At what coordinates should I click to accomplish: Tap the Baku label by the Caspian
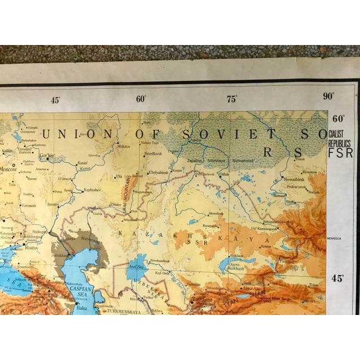(82, 308)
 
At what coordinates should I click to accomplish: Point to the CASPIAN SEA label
(84, 294)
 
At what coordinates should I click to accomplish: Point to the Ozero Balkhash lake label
(240, 267)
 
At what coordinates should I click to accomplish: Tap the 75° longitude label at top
(231, 100)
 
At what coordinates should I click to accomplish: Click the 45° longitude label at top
(55, 100)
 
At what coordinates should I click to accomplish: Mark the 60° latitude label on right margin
(338, 119)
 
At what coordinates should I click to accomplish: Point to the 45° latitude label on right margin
(337, 277)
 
